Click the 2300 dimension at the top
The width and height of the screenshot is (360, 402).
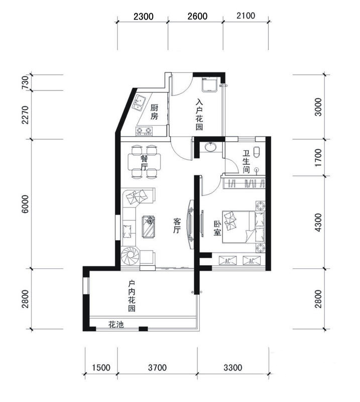pos(144,17)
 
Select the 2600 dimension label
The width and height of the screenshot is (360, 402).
pos(197,16)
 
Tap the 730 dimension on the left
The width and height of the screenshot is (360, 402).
pos(25,82)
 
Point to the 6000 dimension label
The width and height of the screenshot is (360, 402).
pos(25,204)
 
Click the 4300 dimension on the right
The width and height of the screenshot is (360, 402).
pos(318,222)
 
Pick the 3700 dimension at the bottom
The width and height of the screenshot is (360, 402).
pos(157,368)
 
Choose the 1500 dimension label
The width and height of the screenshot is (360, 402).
pos(101,368)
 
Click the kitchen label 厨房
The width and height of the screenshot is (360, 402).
pos(154,112)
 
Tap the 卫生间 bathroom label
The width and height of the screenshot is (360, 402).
pos(246,161)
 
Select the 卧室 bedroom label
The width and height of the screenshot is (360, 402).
pos(217,229)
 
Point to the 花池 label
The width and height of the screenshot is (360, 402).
pos(116,325)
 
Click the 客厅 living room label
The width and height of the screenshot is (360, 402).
pos(177,225)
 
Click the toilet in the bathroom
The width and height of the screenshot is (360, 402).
pos(257,152)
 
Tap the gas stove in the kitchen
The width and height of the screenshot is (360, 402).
pos(144,131)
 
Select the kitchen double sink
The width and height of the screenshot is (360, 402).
pos(139,103)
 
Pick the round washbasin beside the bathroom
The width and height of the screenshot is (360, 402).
pos(211,147)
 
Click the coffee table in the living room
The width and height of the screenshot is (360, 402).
pos(149,227)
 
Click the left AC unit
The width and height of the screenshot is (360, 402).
pos(228,261)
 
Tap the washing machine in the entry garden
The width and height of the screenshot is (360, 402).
pos(210,84)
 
